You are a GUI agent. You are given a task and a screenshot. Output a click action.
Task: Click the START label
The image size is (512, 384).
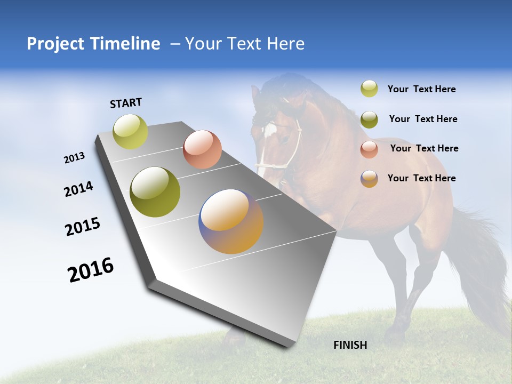126,103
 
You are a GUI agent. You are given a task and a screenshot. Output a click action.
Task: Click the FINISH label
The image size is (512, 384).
350,345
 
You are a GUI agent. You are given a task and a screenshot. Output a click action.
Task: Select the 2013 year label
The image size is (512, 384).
74,158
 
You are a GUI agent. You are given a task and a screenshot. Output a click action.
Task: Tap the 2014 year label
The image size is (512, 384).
78,189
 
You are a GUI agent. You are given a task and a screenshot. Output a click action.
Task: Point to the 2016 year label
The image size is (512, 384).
91,269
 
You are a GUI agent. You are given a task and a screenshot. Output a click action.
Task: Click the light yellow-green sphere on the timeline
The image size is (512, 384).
131,131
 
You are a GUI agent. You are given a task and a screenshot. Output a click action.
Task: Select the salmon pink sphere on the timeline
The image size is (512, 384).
202,149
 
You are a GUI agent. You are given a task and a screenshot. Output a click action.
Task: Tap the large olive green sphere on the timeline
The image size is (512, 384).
155,192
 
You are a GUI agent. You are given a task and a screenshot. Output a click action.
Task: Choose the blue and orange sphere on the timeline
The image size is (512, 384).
231,221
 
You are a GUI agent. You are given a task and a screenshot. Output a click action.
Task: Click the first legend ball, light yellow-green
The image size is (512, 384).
369,89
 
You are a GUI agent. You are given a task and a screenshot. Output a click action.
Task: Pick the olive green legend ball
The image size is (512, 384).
369,119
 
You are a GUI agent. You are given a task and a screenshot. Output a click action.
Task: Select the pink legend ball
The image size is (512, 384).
369,149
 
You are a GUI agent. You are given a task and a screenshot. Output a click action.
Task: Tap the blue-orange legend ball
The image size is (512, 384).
369,179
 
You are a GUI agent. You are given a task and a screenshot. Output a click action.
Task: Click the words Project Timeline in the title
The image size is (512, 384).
93,44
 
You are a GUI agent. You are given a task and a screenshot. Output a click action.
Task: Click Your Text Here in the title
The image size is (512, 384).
244,44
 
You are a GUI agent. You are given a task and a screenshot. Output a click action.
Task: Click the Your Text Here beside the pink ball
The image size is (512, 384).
424,148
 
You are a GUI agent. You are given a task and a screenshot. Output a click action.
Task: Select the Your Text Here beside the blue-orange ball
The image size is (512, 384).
421,178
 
